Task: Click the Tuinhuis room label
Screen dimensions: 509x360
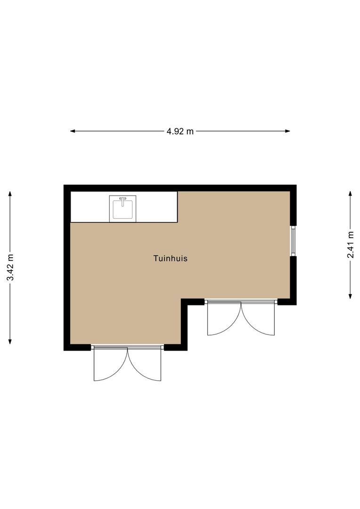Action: [x=170, y=258]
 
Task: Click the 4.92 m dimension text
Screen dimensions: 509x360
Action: [x=180, y=131]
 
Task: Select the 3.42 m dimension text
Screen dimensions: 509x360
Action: [x=10, y=267]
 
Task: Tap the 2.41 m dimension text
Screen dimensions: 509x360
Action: [x=350, y=245]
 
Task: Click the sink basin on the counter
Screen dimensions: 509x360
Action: [x=123, y=210]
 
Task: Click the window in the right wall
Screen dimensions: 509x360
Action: [x=293, y=241]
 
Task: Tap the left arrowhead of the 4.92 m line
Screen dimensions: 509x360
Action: [x=73, y=131]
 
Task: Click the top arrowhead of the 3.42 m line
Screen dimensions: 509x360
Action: [x=10, y=193]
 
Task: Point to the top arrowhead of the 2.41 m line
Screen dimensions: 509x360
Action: [x=350, y=193]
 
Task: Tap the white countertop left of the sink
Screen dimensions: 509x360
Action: [x=90, y=207]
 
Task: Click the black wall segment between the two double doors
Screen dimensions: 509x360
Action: [x=184, y=325]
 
